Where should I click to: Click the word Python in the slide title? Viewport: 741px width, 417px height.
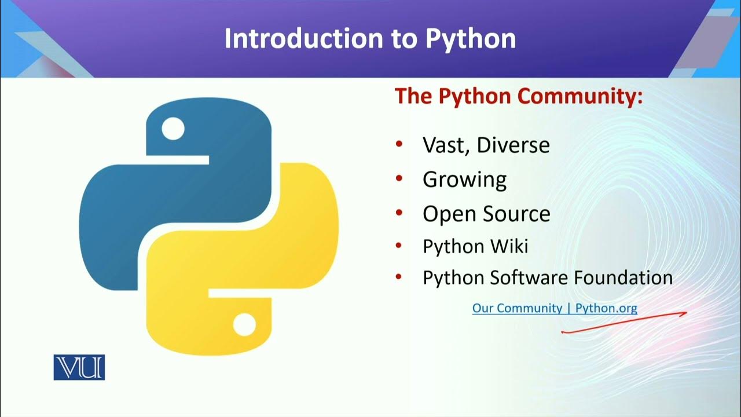[470, 39]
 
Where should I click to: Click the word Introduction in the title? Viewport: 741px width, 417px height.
[302, 38]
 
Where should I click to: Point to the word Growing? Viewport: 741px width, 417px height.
[464, 180]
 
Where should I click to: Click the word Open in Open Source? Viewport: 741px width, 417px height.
[446, 214]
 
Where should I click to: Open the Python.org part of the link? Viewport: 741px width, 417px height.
[606, 308]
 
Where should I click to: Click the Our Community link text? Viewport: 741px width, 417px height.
[517, 308]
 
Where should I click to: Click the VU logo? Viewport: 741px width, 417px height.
[79, 367]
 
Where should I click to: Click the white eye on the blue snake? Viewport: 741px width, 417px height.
[172, 129]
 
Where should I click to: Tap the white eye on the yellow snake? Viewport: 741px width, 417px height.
[244, 324]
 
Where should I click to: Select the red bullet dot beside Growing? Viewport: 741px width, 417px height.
[399, 179]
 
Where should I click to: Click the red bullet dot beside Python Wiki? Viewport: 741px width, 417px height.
[399, 246]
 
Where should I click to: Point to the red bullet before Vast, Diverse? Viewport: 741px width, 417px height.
[399, 144]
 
